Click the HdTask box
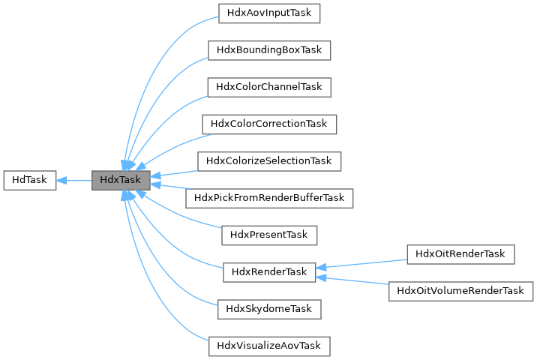pos(30,180)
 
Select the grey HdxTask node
pos(121,180)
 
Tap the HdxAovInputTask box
pos(269,13)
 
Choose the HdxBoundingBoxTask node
pos(269,49)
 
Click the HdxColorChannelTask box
pos(269,86)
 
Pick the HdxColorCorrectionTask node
pos(269,123)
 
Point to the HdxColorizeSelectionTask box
pos(269,160)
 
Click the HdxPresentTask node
pos(269,235)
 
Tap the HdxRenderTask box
pos(269,271)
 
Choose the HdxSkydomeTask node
pos(269,308)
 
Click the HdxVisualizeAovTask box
pos(269,346)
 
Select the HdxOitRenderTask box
pos(460,253)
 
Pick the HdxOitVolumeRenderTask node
pos(460,290)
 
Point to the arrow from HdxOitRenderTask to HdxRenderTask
pos(364,263)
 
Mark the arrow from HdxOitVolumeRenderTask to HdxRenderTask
pos(352,281)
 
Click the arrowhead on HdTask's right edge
pos(62,180)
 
